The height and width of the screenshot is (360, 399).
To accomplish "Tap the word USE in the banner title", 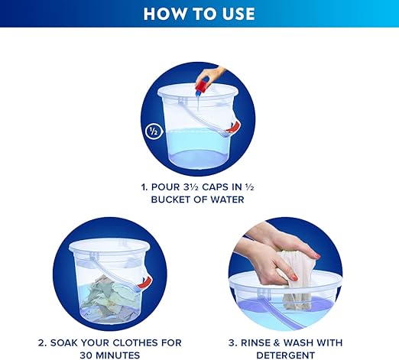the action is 238,14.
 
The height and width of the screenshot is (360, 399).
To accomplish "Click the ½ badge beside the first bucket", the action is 153,131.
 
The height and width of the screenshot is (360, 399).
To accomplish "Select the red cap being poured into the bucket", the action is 203,86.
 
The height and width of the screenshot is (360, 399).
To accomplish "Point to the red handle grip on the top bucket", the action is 234,128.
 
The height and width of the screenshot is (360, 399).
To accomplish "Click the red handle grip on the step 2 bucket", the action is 145,282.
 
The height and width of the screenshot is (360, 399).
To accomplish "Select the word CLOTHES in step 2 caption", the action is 135,342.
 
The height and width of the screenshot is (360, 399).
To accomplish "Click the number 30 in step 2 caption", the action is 86,355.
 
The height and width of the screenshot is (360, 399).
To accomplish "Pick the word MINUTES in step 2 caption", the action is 117,355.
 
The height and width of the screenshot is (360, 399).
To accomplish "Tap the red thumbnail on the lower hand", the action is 294,277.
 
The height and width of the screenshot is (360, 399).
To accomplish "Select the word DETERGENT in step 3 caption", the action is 285,355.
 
